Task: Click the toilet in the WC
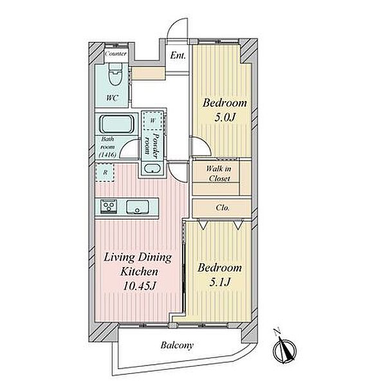115,74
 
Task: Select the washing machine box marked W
153,120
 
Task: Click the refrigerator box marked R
105,172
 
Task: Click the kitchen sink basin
138,207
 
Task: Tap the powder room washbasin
152,169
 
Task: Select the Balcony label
177,345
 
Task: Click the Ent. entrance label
178,55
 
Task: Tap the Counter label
116,53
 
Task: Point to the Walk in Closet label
219,174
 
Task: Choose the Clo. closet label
223,208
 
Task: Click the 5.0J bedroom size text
225,118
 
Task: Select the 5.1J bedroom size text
219,282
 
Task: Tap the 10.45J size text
140,286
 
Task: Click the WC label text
112,98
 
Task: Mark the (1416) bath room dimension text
107,155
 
